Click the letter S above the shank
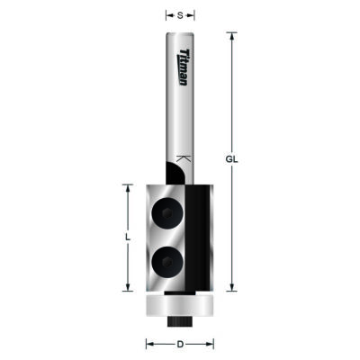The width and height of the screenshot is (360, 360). pyautogui.click(x=181, y=15)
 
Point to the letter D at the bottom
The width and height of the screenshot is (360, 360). pyautogui.click(x=180, y=344)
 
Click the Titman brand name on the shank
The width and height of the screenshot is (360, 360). pyautogui.click(x=184, y=67)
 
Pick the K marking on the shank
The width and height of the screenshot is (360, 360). pyautogui.click(x=184, y=158)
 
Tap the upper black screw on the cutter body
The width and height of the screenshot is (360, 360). pyautogui.click(x=166, y=213)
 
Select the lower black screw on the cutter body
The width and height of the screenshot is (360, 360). pyautogui.click(x=166, y=261)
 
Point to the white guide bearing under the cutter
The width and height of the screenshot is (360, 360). pyautogui.click(x=180, y=307)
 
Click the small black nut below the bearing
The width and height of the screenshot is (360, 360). pyautogui.click(x=181, y=319)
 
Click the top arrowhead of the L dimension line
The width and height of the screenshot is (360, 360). pyautogui.click(x=127, y=187)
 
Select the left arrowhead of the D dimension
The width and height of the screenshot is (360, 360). pyautogui.click(x=149, y=344)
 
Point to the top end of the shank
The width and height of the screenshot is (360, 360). pyautogui.click(x=181, y=34)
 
